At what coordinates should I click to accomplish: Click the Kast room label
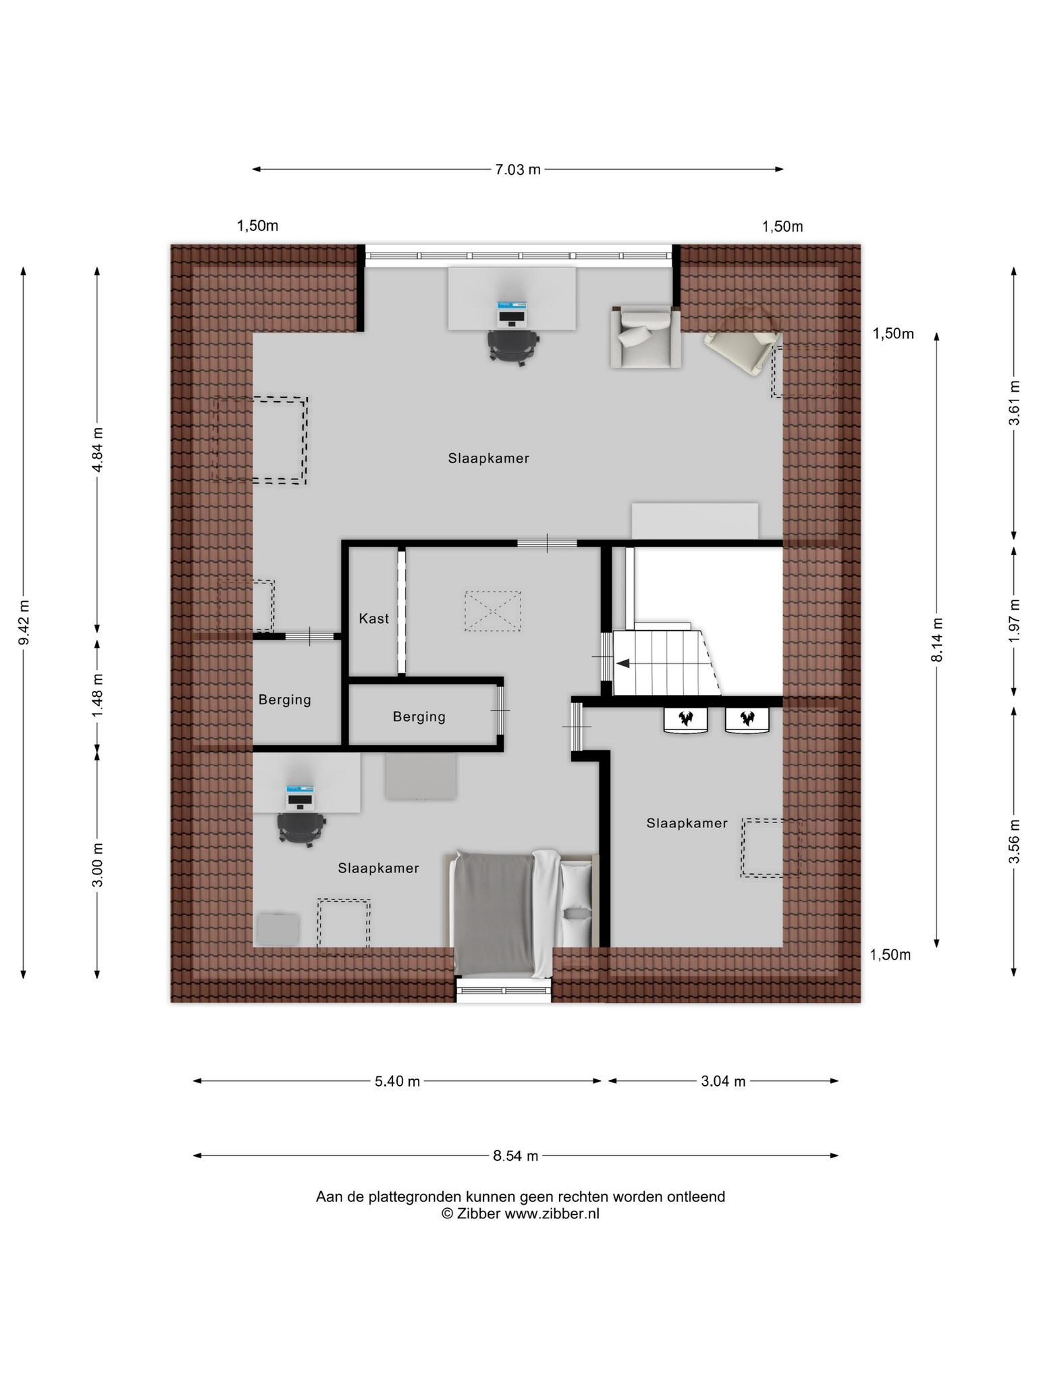point(373,618)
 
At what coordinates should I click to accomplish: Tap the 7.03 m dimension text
point(518,169)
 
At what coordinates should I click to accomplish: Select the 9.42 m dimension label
point(24,622)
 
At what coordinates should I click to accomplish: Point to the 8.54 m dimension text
point(516,1155)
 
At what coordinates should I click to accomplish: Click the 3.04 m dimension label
point(723,1081)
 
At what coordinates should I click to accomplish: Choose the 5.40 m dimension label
point(398,1081)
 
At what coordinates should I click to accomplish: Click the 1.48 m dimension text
point(98,696)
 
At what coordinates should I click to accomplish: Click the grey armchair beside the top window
point(645,336)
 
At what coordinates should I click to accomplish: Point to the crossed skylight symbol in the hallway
point(493,611)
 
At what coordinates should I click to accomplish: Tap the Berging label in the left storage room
point(285,700)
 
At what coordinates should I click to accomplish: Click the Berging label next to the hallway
point(419,716)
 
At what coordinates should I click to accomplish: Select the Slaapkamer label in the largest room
point(489,459)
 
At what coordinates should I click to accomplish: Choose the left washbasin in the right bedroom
point(686,720)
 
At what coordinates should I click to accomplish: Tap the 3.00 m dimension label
point(98,865)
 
